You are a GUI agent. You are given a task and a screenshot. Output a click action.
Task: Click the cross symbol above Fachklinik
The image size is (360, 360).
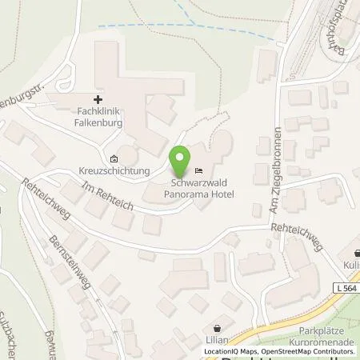coord(98,99)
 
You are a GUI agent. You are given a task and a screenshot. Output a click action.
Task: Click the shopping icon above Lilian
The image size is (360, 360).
coord(218,328)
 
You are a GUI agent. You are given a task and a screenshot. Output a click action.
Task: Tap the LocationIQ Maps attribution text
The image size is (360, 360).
coord(232,351)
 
